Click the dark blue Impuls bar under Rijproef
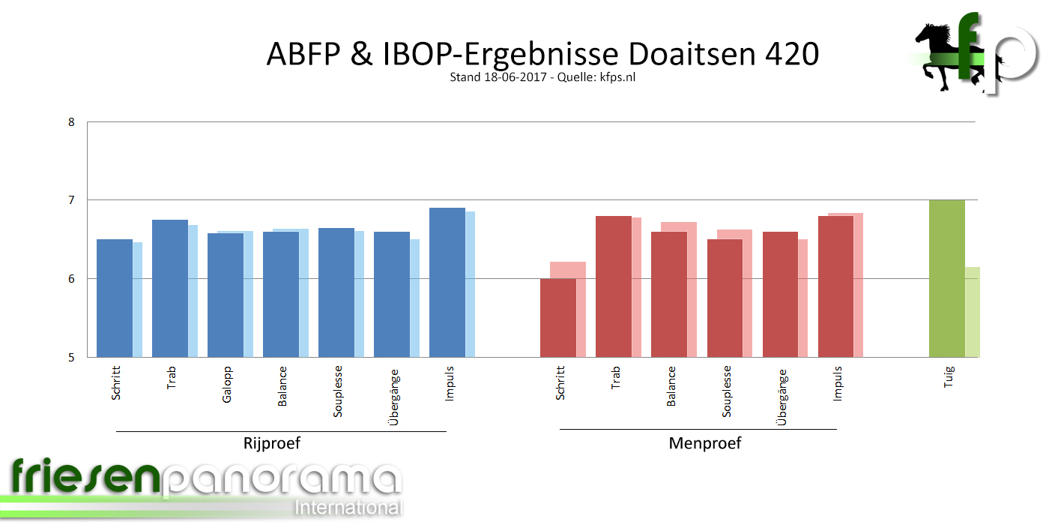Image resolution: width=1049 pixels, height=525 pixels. click(x=447, y=282)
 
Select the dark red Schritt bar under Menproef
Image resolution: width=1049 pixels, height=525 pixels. click(x=558, y=317)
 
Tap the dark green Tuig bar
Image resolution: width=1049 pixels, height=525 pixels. click(x=946, y=278)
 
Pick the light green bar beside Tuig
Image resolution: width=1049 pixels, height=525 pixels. click(x=973, y=311)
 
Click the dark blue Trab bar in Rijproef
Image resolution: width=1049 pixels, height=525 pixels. click(x=169, y=288)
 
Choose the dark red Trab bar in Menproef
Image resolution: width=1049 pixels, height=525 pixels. click(x=614, y=286)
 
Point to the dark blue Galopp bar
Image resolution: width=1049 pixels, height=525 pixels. click(x=225, y=295)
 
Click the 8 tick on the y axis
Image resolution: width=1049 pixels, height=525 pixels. click(x=71, y=121)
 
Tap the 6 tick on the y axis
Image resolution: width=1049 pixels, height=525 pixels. click(x=71, y=279)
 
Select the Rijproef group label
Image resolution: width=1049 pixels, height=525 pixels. click(x=272, y=442)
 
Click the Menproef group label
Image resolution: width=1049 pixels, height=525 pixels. click(x=704, y=442)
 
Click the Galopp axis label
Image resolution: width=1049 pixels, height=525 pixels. click(x=227, y=384)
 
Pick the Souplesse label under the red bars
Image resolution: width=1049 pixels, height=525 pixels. click(x=727, y=391)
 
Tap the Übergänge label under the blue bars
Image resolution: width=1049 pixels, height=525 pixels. click(x=394, y=397)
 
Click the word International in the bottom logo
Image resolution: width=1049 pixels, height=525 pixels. click(x=349, y=507)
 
